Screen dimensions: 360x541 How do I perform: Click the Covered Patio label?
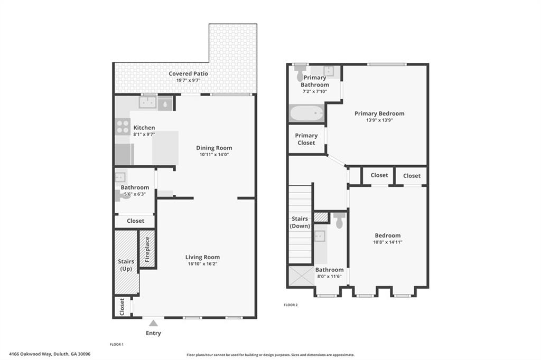tap(188, 73)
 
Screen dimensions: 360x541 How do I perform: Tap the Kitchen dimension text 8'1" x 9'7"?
tap(144, 134)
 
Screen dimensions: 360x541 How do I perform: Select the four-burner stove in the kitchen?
tap(123, 127)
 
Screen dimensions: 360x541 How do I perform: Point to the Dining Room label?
tap(214, 148)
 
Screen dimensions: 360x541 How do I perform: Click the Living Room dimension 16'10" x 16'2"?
tap(202, 264)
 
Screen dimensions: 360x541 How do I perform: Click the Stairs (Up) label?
tap(126, 265)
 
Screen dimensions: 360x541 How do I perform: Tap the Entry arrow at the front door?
tap(153, 323)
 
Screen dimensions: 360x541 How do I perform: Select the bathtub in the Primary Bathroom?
tap(306, 113)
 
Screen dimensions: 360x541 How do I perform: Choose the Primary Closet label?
tap(306, 139)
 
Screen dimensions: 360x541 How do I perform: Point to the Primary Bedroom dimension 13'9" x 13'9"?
tap(379, 120)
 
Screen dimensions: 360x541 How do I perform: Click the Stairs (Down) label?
tap(300, 222)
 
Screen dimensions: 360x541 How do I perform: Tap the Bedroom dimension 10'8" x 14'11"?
tap(388, 242)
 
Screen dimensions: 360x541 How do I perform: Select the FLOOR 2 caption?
tap(291, 305)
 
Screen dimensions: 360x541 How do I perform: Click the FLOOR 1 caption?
tap(116, 344)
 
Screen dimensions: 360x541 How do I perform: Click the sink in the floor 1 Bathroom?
tap(120, 177)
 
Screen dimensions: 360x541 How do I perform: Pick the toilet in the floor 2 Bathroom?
tap(339, 220)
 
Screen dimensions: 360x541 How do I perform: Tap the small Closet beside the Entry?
tap(122, 306)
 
